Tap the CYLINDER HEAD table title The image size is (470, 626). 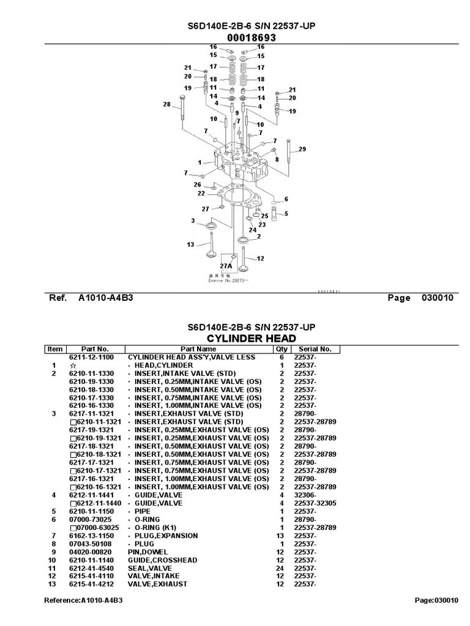(251, 338)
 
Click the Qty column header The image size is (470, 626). (282, 349)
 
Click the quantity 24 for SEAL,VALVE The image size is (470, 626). (282, 567)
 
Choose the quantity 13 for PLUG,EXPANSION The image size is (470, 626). (282, 536)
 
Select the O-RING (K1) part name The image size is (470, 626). (157, 527)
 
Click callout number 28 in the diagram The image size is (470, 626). (166, 105)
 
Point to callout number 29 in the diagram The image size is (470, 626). (302, 149)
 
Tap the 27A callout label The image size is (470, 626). (226, 266)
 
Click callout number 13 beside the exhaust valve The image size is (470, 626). (190, 245)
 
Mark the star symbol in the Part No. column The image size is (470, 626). (73, 365)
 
